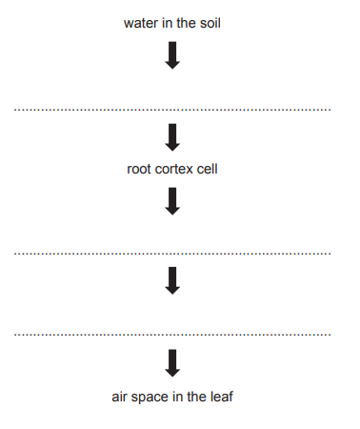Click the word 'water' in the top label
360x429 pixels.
click(140, 22)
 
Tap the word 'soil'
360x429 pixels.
click(210, 22)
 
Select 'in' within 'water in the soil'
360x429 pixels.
click(167, 22)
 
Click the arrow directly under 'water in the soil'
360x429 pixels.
click(172, 56)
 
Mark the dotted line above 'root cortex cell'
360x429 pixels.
click(172, 111)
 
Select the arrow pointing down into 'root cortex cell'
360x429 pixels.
click(172, 137)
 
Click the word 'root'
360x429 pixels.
click(139, 170)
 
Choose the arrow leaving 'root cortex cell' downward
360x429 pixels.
click(172, 200)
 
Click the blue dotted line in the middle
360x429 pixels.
click(172, 254)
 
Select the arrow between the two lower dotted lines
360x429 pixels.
click(172, 280)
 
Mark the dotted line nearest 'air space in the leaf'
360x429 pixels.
click(172, 335)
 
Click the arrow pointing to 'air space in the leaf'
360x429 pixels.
click(172, 362)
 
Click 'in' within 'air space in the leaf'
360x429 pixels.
click(178, 396)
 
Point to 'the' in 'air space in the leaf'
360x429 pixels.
click(196, 396)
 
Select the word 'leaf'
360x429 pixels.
click(221, 396)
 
